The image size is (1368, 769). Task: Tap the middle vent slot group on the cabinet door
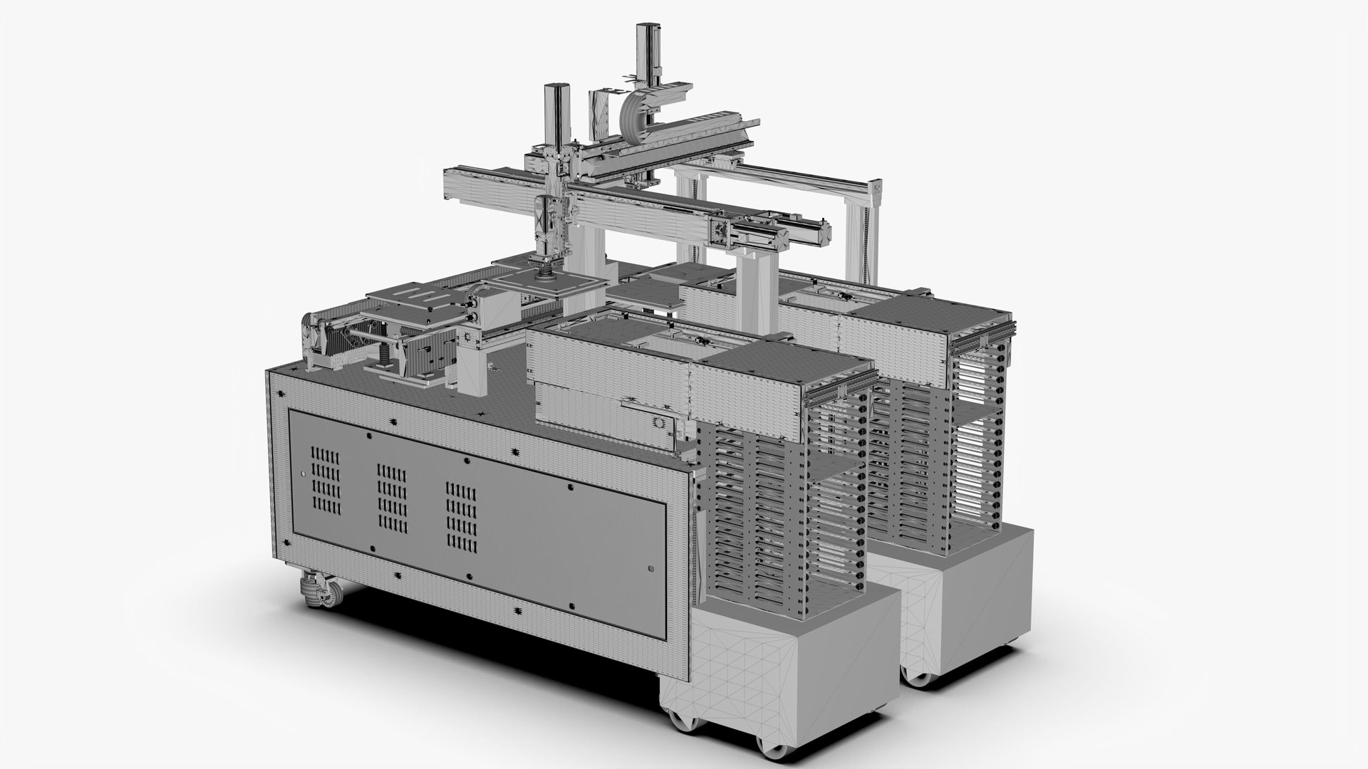391,498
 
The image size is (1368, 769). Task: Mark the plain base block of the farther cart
969,591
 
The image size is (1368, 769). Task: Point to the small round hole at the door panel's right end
651,568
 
